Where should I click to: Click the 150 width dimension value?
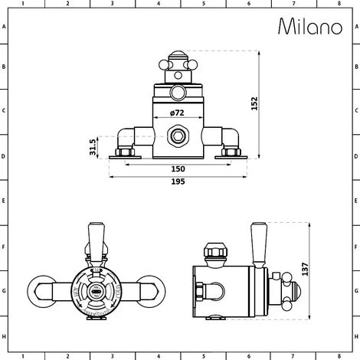coord(177,169)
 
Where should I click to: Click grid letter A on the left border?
coord(5,27)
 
